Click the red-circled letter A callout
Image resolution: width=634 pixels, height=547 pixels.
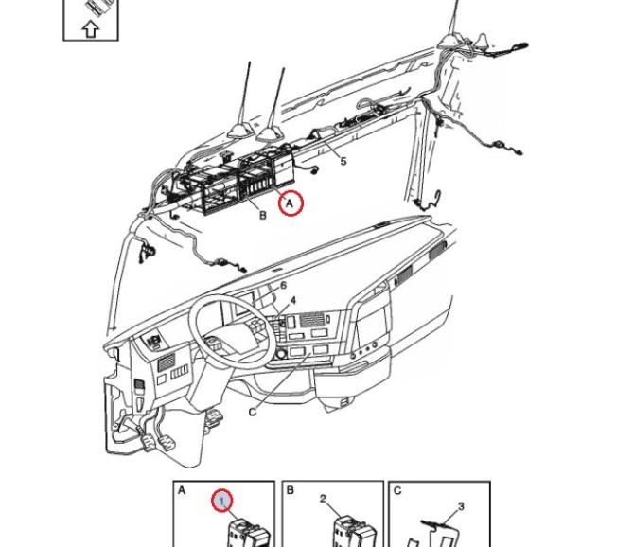291,202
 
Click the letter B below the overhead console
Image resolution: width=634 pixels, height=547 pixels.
263,216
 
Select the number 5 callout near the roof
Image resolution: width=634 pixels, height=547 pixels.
343,162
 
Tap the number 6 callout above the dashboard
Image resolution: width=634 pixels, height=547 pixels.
283,286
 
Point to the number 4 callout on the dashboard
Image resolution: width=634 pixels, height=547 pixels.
293,301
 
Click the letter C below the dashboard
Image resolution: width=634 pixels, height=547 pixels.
253,412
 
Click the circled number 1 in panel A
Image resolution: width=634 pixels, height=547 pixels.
221,500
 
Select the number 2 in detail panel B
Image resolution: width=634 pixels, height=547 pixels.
323,499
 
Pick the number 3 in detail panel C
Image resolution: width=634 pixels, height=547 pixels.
461,507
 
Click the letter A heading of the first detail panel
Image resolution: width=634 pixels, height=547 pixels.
182,491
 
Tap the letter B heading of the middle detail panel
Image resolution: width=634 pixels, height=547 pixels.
291,491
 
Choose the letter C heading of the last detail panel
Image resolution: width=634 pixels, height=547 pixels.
397,491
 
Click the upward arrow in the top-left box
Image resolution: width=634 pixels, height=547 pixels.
91,28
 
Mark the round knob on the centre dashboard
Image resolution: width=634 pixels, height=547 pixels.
281,354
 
